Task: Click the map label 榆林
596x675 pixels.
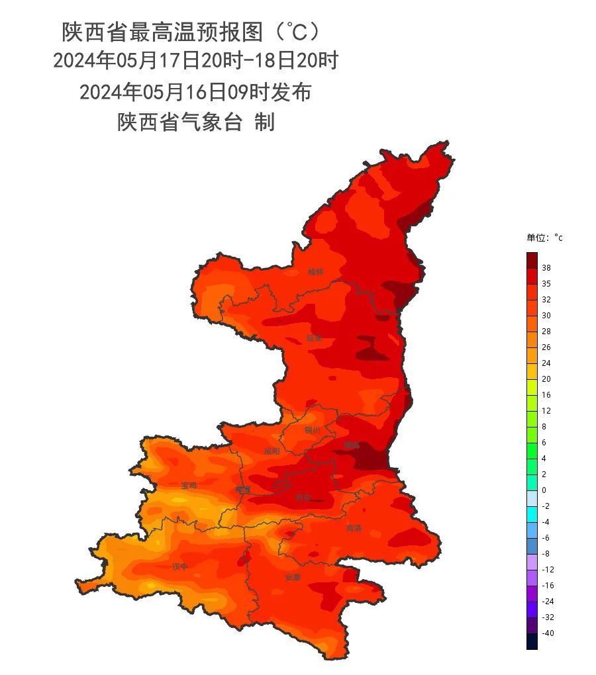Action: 316,272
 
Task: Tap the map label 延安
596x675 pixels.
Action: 314,338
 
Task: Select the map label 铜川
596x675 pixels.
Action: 312,430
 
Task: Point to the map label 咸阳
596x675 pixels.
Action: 272,451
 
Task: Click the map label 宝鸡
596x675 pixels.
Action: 189,485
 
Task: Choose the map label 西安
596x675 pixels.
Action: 303,496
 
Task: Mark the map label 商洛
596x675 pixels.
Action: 354,529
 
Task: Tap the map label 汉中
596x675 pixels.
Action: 180,566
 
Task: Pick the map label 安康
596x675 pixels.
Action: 293,577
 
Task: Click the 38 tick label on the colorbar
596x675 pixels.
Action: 546,268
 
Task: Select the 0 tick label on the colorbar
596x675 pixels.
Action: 544,490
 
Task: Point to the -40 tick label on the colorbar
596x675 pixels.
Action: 548,633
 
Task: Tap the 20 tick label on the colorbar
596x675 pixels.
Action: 546,379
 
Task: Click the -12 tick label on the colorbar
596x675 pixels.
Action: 548,570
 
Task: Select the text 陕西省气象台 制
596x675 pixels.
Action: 196,122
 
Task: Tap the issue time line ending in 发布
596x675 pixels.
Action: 195,92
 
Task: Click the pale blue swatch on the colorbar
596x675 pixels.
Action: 532,498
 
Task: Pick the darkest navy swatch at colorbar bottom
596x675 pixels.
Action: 532,641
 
